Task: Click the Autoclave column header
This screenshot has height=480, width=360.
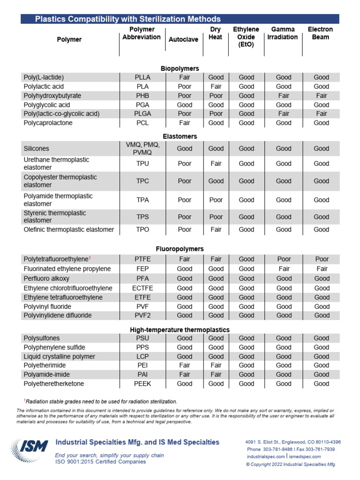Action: tap(183, 39)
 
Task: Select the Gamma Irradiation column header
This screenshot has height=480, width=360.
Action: tap(283, 33)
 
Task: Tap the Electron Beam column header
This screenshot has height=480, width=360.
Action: tap(320, 33)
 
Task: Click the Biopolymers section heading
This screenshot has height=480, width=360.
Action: tap(180, 68)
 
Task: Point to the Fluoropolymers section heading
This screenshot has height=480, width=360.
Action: tap(180, 249)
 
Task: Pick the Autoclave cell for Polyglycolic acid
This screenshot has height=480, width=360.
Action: tap(185, 105)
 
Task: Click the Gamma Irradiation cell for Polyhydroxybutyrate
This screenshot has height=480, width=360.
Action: tap(284, 96)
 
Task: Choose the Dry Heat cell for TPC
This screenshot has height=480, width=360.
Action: tap(216, 181)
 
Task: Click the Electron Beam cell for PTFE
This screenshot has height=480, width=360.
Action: tap(322, 259)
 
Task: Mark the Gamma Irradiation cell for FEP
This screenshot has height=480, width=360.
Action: tap(284, 269)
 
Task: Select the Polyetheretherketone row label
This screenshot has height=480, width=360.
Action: tap(54, 383)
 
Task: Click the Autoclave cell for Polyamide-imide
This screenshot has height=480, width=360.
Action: tap(185, 375)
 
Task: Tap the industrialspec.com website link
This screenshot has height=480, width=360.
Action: tap(266, 456)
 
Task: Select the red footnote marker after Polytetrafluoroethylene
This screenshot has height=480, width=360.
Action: tap(90, 257)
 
